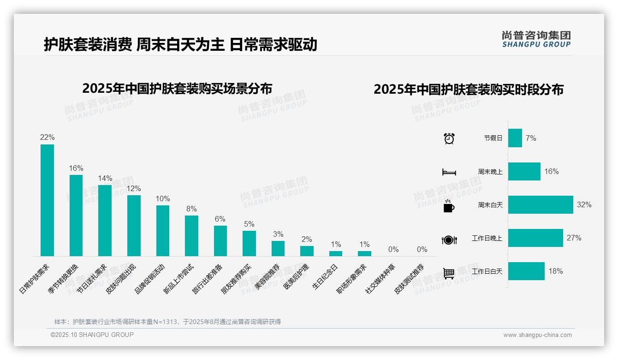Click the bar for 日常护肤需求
(x=47, y=200)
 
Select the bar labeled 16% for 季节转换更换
(x=76, y=216)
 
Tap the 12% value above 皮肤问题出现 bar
(x=134, y=189)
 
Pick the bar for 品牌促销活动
(x=163, y=231)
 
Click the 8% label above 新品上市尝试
(x=191, y=209)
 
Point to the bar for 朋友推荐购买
(x=249, y=243)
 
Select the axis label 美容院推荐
(x=267, y=277)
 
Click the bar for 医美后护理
(x=307, y=251)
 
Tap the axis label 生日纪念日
(x=326, y=276)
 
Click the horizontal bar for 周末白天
(x=541, y=204)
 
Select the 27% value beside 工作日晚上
(x=574, y=238)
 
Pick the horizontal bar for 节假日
(x=515, y=138)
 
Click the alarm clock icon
(x=449, y=138)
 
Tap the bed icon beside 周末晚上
(x=449, y=172)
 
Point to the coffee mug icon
(x=449, y=206)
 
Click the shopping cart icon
(x=449, y=273)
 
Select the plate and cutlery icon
(x=449, y=240)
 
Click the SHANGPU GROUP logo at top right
(x=536, y=39)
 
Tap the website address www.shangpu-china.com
(x=537, y=335)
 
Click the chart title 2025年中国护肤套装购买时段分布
(x=469, y=90)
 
